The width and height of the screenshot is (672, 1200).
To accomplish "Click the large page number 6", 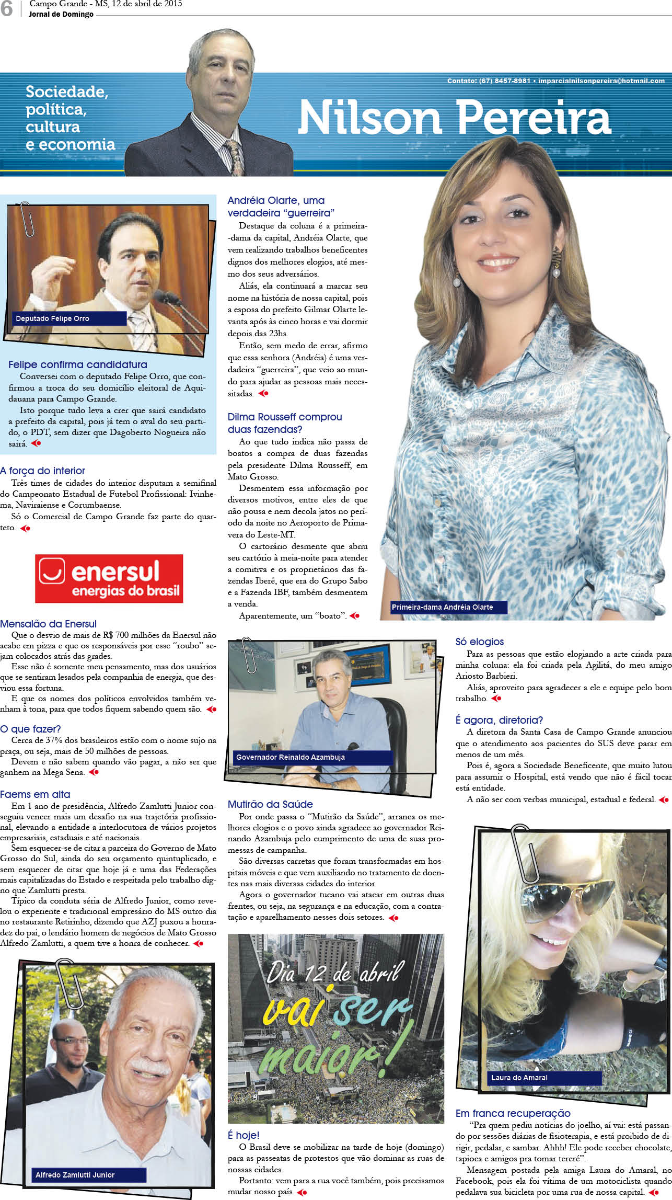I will pyautogui.click(x=7, y=9).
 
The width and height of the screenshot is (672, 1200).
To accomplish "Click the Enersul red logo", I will pyautogui.click(x=109, y=578).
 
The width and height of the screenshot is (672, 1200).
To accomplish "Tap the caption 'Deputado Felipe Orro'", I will pyautogui.click(x=53, y=318).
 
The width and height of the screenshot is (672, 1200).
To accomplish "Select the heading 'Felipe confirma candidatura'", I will pyautogui.click(x=77, y=364).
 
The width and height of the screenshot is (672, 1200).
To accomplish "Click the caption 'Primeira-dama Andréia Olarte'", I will pyautogui.click(x=442, y=607).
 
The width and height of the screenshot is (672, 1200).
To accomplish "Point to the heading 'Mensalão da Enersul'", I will pyautogui.click(x=48, y=624).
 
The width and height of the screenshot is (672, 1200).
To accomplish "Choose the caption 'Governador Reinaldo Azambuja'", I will pyautogui.click(x=290, y=757).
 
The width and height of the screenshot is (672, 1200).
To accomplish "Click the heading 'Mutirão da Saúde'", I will pyautogui.click(x=270, y=804).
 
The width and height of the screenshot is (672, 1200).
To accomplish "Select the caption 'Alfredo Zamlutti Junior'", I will pyautogui.click(x=75, y=1175).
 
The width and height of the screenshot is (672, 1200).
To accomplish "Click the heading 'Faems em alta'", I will pyautogui.click(x=35, y=794).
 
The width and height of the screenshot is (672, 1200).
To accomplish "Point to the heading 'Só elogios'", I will pyautogui.click(x=479, y=642).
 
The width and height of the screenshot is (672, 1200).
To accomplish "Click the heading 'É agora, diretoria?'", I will pyautogui.click(x=499, y=720).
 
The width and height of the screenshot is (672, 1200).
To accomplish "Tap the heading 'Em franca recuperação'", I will pyautogui.click(x=513, y=1113).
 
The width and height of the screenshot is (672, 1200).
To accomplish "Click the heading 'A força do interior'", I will pyautogui.click(x=42, y=471).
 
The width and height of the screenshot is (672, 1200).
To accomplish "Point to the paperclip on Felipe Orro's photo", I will pyautogui.click(x=27, y=219).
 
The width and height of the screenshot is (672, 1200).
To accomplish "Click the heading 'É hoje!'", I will pyautogui.click(x=244, y=1135).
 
